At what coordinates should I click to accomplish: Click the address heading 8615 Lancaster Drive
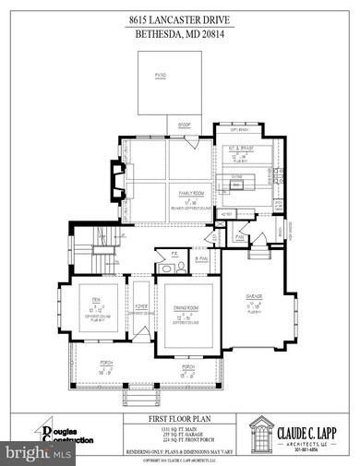tap(180, 18)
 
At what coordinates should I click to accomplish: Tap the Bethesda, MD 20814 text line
tap(180, 33)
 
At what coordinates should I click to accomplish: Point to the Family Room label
tap(190, 195)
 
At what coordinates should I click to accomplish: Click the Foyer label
tap(143, 308)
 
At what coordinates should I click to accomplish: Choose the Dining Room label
tap(188, 309)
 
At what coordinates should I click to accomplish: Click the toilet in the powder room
tap(166, 269)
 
